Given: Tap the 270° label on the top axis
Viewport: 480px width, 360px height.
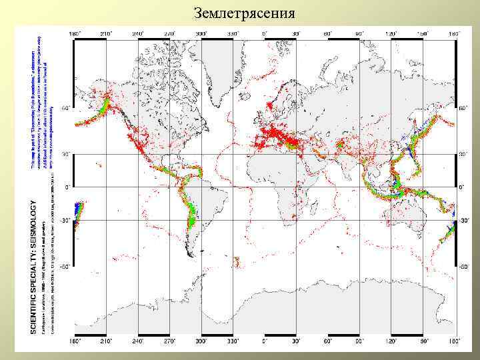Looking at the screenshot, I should (169, 33).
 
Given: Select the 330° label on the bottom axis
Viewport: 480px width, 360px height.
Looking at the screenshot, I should (233, 341).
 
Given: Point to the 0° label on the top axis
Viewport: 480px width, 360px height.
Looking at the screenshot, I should (265, 33).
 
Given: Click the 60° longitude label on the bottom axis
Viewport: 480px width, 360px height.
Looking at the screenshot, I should (328, 341).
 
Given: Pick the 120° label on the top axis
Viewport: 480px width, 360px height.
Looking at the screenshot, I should (391, 33).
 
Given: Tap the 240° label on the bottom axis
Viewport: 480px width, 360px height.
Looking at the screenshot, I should (138, 341).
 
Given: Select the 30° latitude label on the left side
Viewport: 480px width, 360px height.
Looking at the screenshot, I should (66, 154).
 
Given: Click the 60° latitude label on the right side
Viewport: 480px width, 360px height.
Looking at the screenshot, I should (463, 107).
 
